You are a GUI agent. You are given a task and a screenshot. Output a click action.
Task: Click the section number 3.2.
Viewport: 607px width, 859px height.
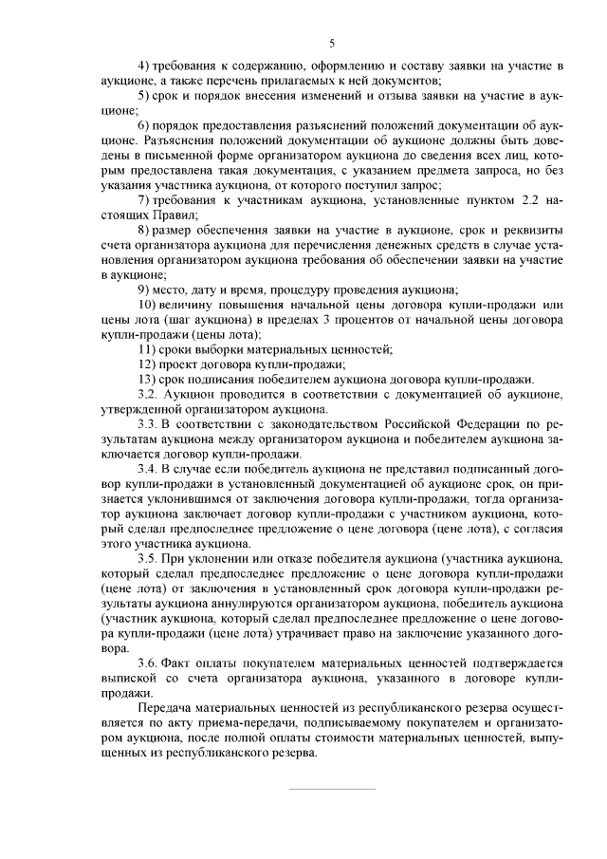pos(147,394)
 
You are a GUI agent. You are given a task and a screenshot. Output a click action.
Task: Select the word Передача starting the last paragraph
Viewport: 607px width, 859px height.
pos(163,708)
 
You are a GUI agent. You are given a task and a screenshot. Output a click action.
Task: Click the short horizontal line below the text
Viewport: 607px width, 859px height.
pos(331,789)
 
